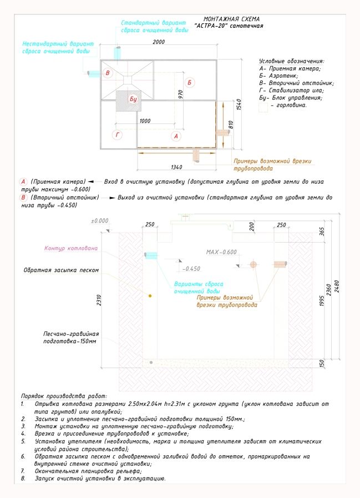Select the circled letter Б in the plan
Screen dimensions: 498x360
click(190, 83)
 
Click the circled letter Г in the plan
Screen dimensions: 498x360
click(117, 134)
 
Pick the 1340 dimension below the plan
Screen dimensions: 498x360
click(176, 167)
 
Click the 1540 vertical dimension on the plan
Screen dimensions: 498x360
click(237, 104)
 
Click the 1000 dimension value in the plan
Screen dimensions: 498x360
click(145, 120)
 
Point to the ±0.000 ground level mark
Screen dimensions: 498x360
click(100, 220)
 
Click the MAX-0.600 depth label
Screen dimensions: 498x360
click(221, 252)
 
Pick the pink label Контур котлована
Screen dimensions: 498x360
click(71, 248)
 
